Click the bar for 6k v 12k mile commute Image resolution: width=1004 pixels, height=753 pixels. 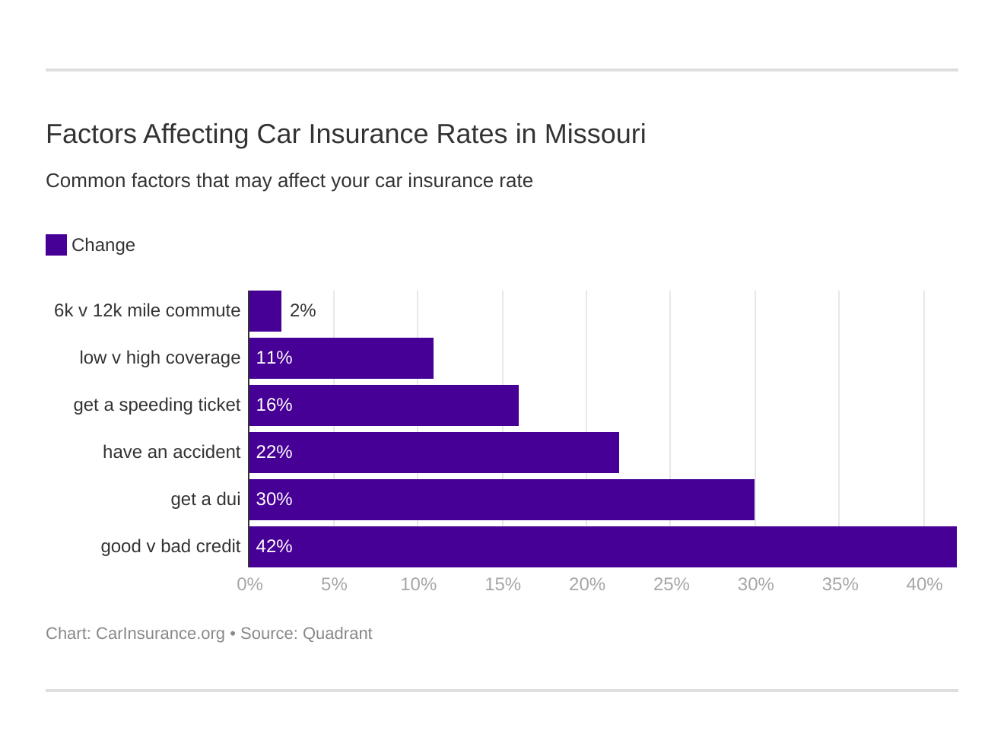(x=265, y=311)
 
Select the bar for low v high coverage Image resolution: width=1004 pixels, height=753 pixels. (x=341, y=358)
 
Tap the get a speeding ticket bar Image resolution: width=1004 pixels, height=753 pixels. (x=383, y=405)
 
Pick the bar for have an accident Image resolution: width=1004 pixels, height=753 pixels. (x=434, y=453)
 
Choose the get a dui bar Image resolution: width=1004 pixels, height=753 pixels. (x=501, y=500)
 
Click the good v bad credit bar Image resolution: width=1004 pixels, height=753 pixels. (x=602, y=547)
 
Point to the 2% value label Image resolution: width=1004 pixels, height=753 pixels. (x=303, y=310)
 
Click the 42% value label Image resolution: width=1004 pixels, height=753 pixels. (x=274, y=546)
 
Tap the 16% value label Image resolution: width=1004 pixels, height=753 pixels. (x=274, y=405)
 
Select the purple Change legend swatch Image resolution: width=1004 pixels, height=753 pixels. (x=56, y=245)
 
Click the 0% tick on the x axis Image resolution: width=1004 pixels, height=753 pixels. (x=249, y=584)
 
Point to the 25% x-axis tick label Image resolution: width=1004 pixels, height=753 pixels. (x=671, y=584)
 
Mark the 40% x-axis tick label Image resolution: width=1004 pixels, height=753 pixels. (x=924, y=584)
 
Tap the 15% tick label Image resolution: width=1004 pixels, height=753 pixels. (x=503, y=584)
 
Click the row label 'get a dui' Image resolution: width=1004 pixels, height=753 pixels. (x=205, y=499)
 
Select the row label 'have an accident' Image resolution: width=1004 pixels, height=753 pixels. (x=171, y=452)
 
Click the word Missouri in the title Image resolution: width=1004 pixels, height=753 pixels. (x=595, y=134)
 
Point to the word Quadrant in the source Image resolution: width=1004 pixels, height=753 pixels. (x=337, y=634)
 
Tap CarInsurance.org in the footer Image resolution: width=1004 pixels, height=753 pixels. (x=160, y=634)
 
